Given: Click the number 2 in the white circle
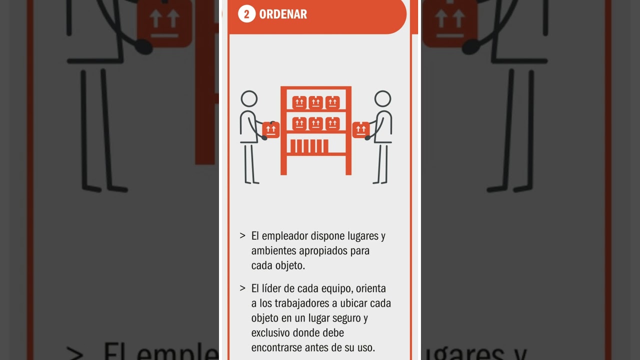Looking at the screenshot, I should coord(246,14).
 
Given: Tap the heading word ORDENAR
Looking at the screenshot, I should coord(283,14).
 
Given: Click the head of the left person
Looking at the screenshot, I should coord(249,98).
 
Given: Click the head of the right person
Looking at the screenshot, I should coord(382,98).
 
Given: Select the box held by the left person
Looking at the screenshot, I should coord(271,129).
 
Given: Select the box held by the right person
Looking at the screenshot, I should coord(360,129).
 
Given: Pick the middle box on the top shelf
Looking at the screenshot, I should coord(315,102).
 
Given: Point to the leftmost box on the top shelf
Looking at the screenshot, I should coord(299,102).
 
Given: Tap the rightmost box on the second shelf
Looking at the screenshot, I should coord(332,123).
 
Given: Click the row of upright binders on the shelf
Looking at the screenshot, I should coord(309,146).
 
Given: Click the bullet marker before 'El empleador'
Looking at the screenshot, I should coord(242,235).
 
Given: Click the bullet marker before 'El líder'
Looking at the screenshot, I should coord(242,288).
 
